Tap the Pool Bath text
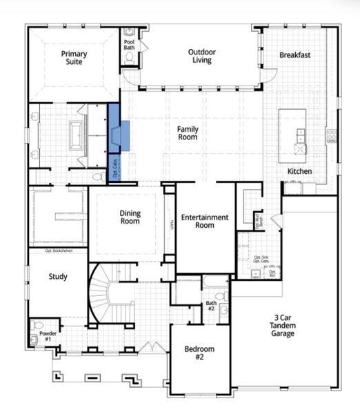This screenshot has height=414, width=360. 129,45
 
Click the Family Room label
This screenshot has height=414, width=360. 188,133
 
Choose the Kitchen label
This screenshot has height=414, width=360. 299,171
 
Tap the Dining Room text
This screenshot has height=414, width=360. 130,217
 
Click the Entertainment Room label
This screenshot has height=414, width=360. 204,221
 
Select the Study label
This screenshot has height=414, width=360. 58,277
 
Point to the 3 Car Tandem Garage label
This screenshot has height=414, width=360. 283,326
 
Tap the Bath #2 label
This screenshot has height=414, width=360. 212,306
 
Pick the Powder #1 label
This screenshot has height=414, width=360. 48,336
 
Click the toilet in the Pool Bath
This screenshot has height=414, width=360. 129,60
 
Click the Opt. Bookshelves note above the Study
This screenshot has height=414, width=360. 59,251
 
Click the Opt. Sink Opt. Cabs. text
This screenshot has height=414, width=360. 261,259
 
